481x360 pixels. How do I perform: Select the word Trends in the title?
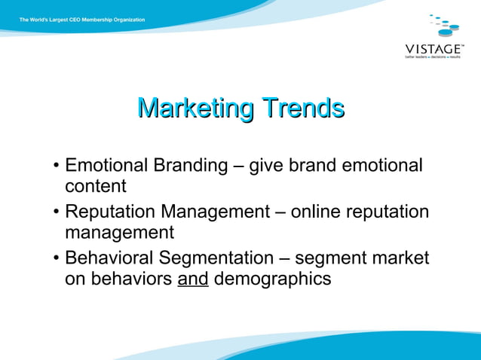[x=303, y=108]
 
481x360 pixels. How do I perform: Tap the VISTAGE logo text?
[x=434, y=48]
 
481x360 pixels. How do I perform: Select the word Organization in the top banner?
[x=125, y=20]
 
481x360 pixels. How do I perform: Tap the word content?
[x=95, y=185]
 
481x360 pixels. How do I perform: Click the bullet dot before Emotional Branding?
[x=57, y=166]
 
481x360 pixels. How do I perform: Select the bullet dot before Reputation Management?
[x=57, y=212]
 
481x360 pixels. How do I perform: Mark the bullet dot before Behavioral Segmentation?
[x=57, y=259]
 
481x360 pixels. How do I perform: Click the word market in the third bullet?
[x=403, y=258]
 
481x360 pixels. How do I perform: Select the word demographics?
[x=272, y=279]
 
